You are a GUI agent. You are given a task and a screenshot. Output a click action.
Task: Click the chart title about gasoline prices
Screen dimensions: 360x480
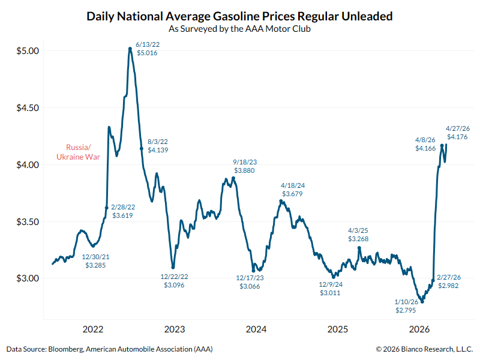(x=239, y=16)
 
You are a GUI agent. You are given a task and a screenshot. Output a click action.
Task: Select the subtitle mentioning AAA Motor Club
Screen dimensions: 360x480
(x=239, y=29)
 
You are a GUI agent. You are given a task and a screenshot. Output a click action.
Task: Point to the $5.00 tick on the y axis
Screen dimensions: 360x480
(x=27, y=51)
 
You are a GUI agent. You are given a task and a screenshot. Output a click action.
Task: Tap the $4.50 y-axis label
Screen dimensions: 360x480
(x=27, y=108)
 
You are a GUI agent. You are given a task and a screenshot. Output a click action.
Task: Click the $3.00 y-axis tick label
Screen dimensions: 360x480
(x=27, y=278)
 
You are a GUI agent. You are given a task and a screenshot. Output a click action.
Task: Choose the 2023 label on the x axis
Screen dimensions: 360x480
(x=175, y=329)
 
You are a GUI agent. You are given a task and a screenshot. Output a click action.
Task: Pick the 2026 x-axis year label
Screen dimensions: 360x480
(x=419, y=329)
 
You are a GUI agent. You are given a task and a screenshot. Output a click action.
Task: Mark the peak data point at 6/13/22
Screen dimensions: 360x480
(x=130, y=49)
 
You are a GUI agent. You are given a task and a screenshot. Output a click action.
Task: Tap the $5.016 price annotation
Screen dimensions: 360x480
(x=148, y=53)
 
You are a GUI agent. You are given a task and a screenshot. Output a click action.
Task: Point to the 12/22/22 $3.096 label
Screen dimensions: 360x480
(x=174, y=281)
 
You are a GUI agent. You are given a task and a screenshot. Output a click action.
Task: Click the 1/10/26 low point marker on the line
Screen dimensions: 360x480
(x=422, y=301)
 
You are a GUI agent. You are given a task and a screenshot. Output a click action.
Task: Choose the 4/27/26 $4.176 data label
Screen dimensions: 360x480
(x=458, y=133)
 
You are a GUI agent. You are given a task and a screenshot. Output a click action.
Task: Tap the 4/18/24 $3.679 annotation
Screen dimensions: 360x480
(x=293, y=189)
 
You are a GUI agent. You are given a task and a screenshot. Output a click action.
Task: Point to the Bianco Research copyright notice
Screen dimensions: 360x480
(x=425, y=349)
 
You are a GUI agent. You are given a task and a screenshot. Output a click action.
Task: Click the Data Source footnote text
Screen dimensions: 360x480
(x=110, y=349)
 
